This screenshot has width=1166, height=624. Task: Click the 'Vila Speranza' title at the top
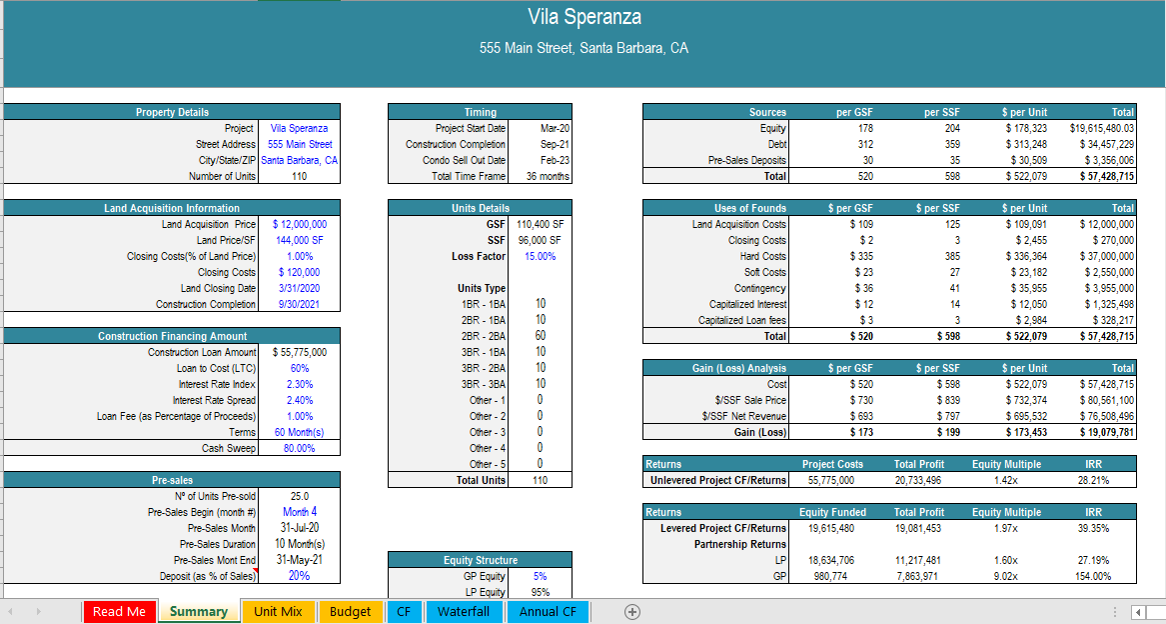click(x=584, y=17)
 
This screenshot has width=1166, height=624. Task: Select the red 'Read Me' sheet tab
click(x=119, y=611)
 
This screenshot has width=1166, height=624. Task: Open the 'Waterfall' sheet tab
click(x=464, y=611)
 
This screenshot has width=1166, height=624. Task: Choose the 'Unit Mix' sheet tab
click(x=278, y=611)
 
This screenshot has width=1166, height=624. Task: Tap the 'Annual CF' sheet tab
click(x=548, y=611)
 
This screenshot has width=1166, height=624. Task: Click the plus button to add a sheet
click(x=631, y=611)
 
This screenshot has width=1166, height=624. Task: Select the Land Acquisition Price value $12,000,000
click(x=299, y=224)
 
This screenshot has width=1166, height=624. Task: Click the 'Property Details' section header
click(x=172, y=112)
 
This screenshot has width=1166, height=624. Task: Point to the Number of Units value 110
click(x=299, y=176)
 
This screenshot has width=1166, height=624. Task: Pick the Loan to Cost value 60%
click(x=299, y=368)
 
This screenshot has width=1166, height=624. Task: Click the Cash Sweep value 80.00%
click(x=299, y=448)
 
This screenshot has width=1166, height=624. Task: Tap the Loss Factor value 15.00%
click(x=540, y=256)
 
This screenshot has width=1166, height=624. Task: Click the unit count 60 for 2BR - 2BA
click(x=540, y=336)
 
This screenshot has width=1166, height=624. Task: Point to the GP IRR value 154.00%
click(x=1093, y=576)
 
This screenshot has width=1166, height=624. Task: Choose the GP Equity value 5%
click(x=540, y=576)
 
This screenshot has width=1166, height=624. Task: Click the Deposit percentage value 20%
click(x=299, y=576)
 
